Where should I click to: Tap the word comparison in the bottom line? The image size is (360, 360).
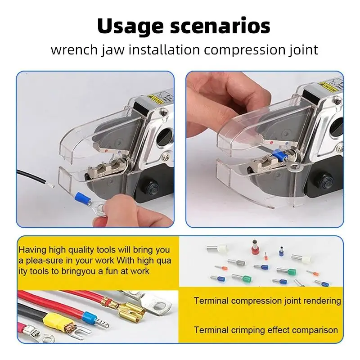313,330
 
